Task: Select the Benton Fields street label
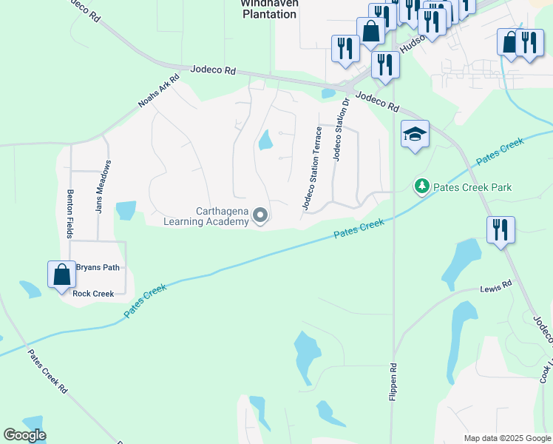71,213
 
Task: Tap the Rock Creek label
93,294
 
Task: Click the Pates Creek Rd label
47,371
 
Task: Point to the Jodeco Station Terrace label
309,168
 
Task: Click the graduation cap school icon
415,135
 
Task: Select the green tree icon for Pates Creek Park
421,186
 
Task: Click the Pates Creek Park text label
472,187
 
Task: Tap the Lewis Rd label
495,286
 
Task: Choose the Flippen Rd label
393,381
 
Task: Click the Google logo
24,435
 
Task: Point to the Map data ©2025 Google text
506,438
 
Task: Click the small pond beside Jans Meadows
126,210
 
